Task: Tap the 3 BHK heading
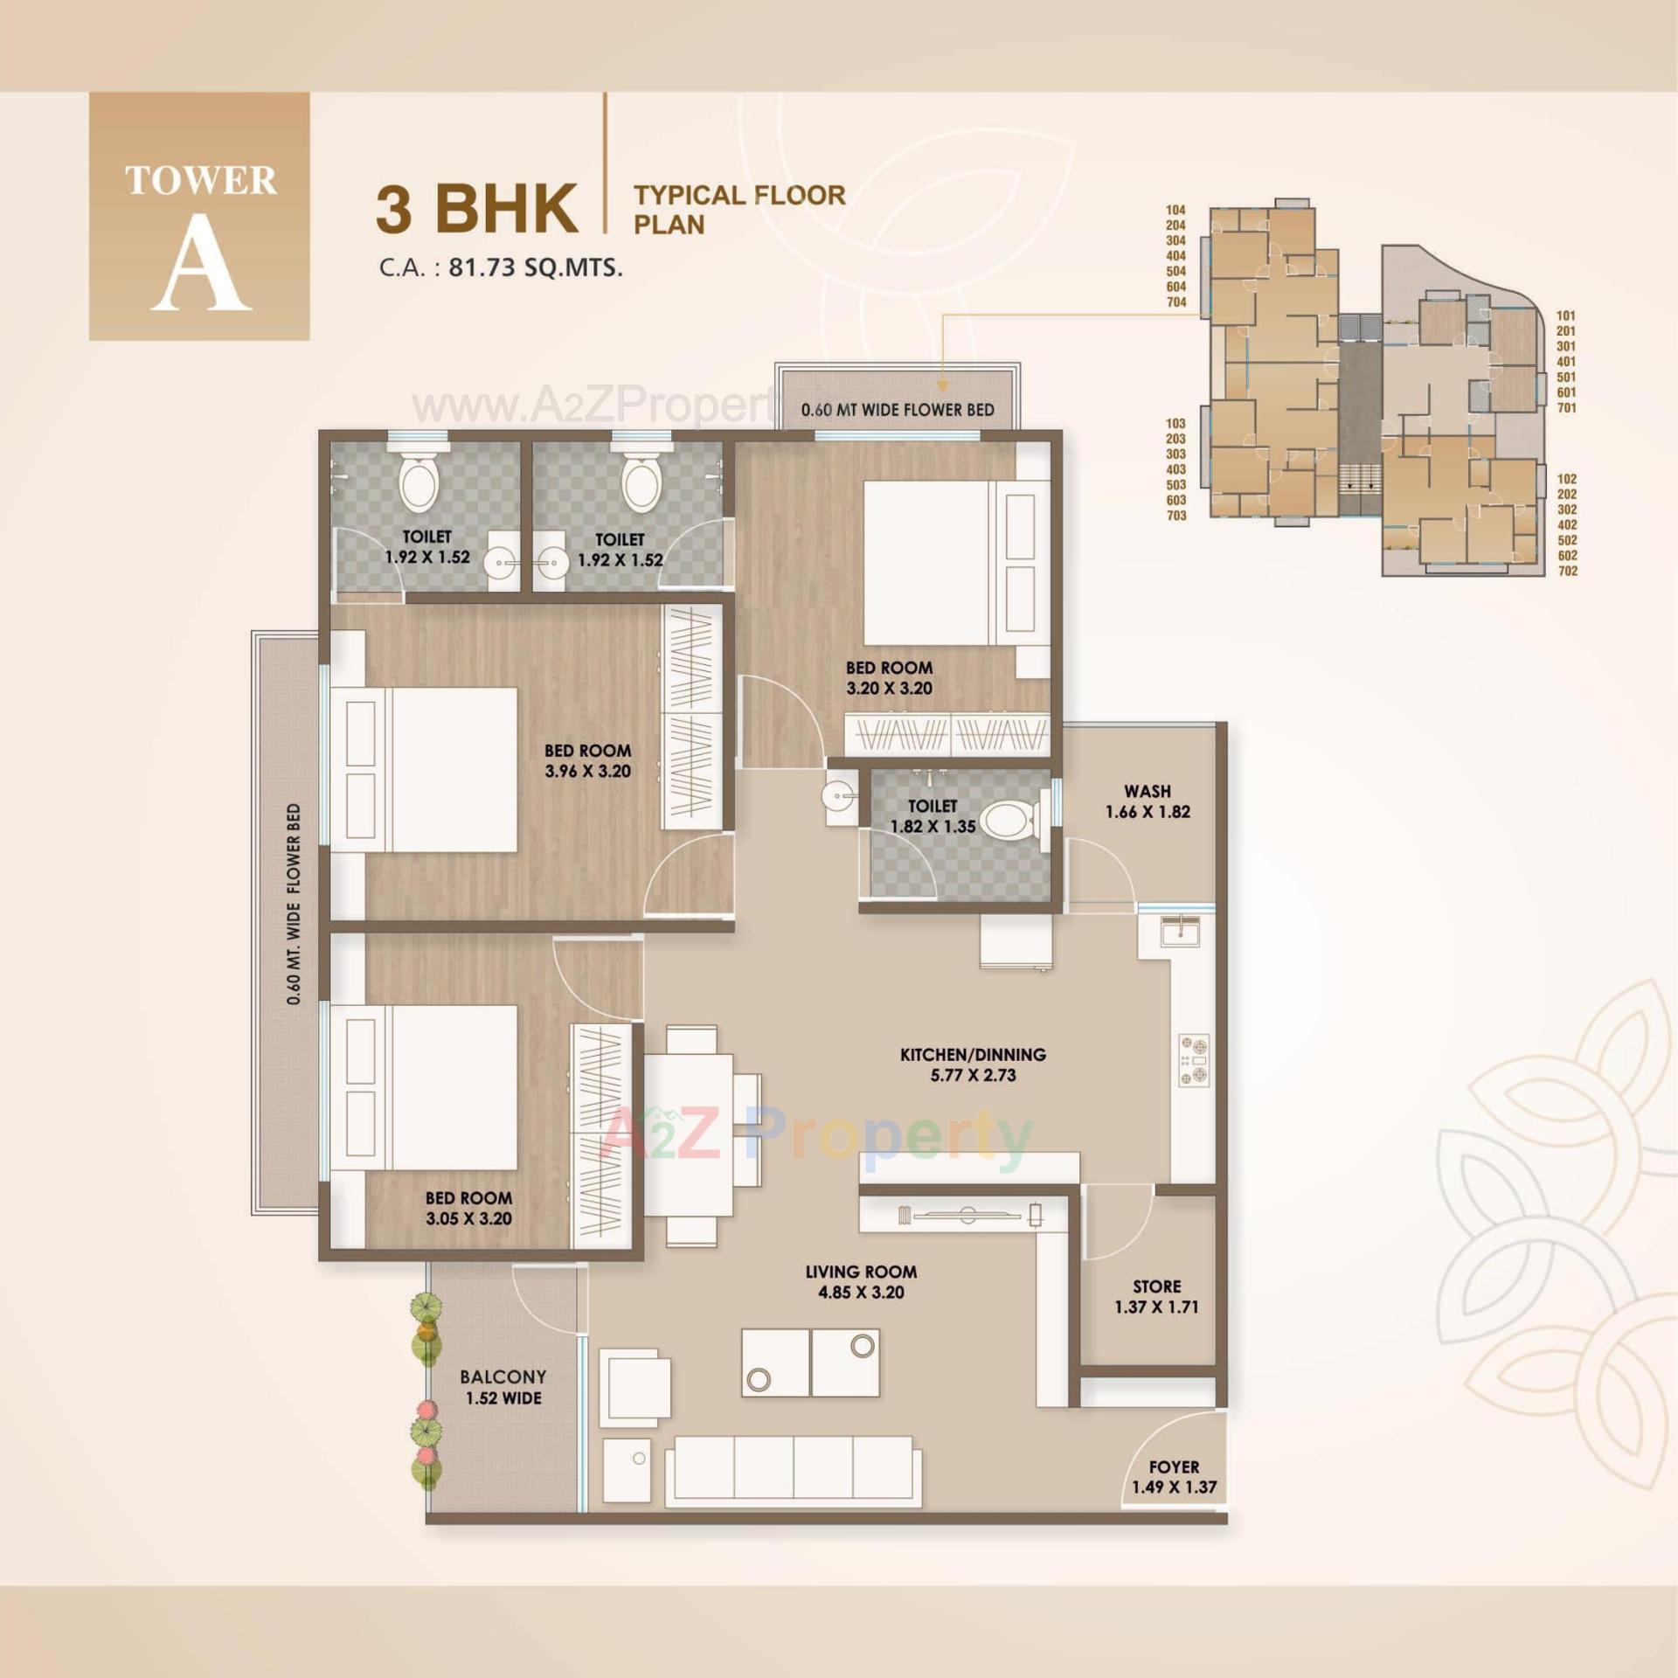[477, 209]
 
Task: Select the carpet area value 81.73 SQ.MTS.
[535, 267]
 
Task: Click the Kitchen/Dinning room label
[973, 1064]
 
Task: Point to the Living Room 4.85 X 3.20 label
[861, 1282]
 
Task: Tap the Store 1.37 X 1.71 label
[1156, 1297]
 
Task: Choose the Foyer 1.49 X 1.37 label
[1174, 1477]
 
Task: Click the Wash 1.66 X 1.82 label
[1148, 801]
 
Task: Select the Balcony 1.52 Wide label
[503, 1387]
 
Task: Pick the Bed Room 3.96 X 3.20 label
[587, 760]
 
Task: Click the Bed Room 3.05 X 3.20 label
[468, 1208]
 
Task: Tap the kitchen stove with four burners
[1194, 1060]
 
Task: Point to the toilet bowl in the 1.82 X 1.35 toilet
[1007, 821]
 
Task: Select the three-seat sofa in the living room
[793, 1471]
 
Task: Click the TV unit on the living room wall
[968, 1214]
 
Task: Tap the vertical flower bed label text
[294, 904]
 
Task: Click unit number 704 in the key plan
[1176, 302]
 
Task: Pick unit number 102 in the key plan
[1566, 479]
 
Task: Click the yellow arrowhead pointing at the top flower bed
[943, 385]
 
